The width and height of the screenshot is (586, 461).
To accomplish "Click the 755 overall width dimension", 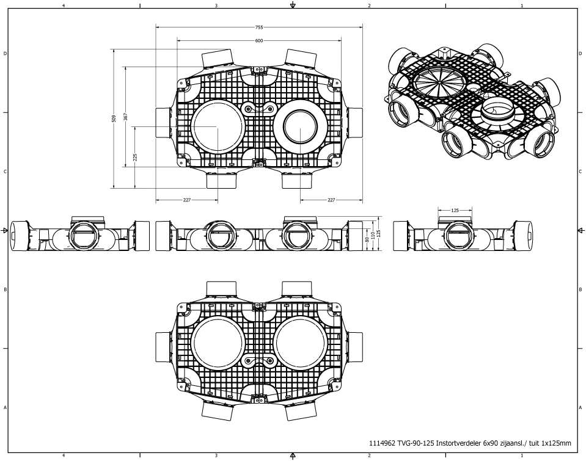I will [x=258, y=27].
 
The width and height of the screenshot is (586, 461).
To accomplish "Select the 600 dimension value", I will [x=258, y=40].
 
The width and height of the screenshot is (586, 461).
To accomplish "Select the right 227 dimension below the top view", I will [x=331, y=199].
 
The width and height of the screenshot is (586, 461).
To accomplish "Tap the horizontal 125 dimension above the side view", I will [x=455, y=210].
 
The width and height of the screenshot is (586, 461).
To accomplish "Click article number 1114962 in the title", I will [x=382, y=444].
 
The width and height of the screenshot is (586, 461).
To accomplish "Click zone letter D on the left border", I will [x=5, y=54].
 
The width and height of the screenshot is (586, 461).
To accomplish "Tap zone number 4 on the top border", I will [x=64, y=5].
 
